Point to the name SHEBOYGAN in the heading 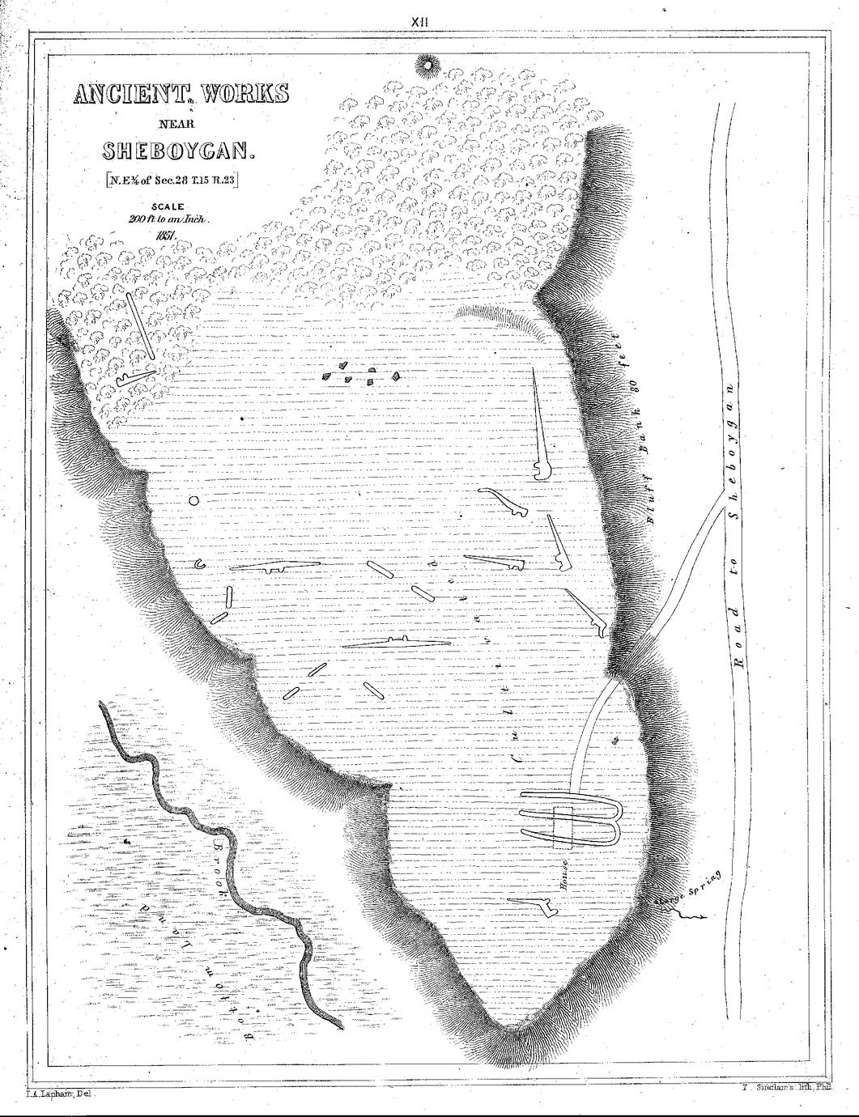[x=178, y=151]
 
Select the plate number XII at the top [x=419, y=23]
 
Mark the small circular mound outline [x=193, y=501]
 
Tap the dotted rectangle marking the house [x=563, y=827]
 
